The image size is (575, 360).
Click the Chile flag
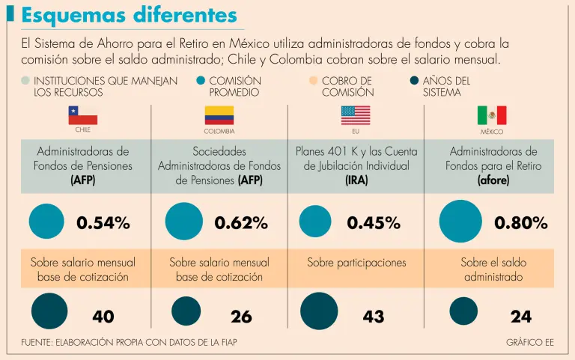coord(83,115)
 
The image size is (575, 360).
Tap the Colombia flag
coord(219,115)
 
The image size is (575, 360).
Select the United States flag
coord(356,115)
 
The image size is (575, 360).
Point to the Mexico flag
coord(492,115)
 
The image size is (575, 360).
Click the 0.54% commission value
coord(103,222)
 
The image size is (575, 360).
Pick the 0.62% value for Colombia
coord(241,222)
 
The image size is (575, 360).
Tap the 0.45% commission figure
coord(374,222)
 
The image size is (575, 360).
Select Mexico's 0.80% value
coord(521,222)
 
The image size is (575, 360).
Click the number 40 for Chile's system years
coord(103,317)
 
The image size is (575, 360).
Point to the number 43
coord(374,317)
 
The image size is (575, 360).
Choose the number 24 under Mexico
coord(521,317)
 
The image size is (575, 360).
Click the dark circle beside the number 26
coord(186,311)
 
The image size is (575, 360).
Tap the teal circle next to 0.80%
coord(460,222)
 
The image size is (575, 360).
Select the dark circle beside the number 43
coord(318,311)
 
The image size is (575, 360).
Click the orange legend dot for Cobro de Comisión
coord(313,81)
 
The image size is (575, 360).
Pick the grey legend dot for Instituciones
coord(25,81)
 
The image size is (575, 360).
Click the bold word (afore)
coord(493,180)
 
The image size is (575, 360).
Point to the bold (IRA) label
coord(356,180)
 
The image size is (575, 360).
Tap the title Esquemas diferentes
coord(130,15)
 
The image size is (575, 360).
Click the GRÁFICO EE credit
coord(529,342)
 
